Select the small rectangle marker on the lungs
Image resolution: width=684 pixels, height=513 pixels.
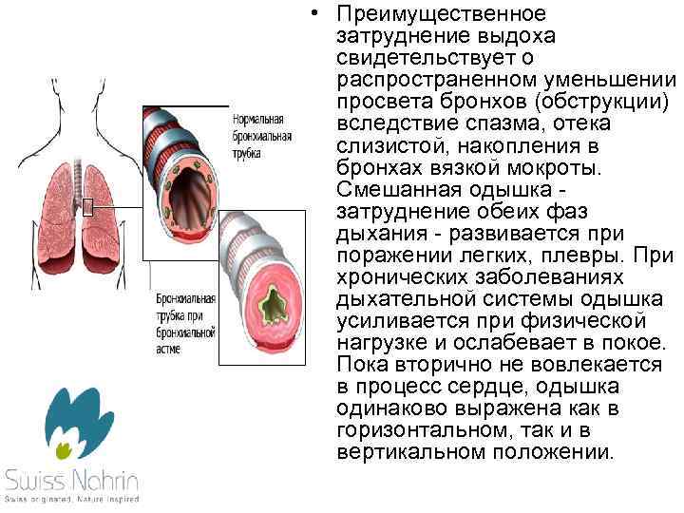coord(87,207)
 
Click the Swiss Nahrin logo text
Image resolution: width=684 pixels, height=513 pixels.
coord(71,478)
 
